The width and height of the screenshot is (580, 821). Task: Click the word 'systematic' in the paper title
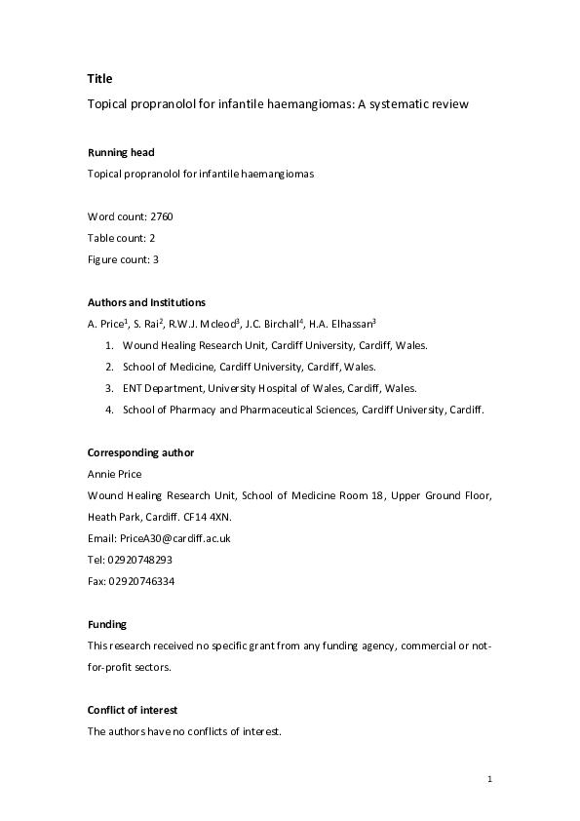coord(412,103)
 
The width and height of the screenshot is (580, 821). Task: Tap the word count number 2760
coord(162,215)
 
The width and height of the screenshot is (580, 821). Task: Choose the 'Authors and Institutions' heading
coord(146,302)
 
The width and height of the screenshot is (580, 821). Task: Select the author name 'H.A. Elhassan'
coord(343,324)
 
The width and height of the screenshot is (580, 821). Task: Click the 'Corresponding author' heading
coord(140,452)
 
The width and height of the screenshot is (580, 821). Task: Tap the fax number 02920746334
coord(141,581)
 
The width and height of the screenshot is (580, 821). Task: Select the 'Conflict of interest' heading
coord(133,710)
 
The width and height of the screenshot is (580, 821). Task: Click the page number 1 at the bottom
coord(489,779)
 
